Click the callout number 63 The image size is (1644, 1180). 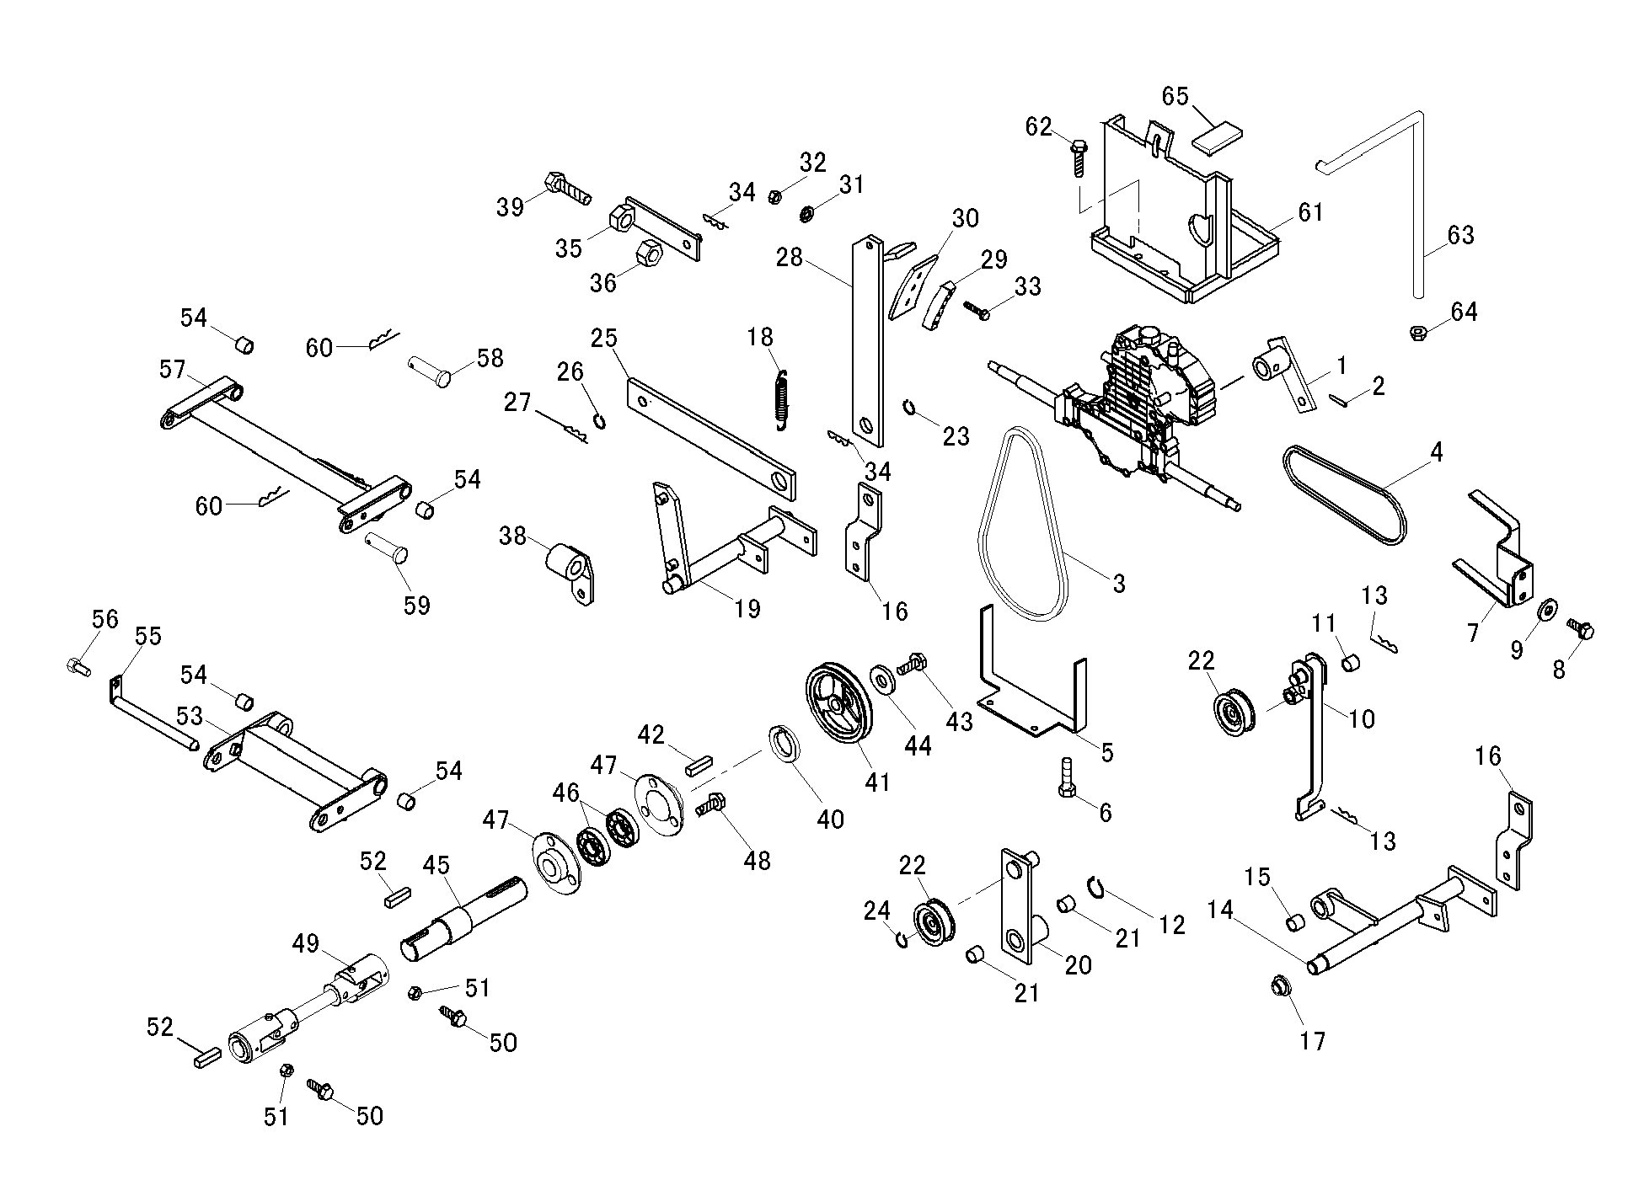click(1460, 235)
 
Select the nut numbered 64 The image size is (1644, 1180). click(1418, 332)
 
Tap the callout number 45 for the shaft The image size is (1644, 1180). click(436, 866)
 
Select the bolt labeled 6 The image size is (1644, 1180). click(1064, 777)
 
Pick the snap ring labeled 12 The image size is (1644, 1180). click(1095, 886)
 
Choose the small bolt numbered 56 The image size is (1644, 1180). click(77, 666)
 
